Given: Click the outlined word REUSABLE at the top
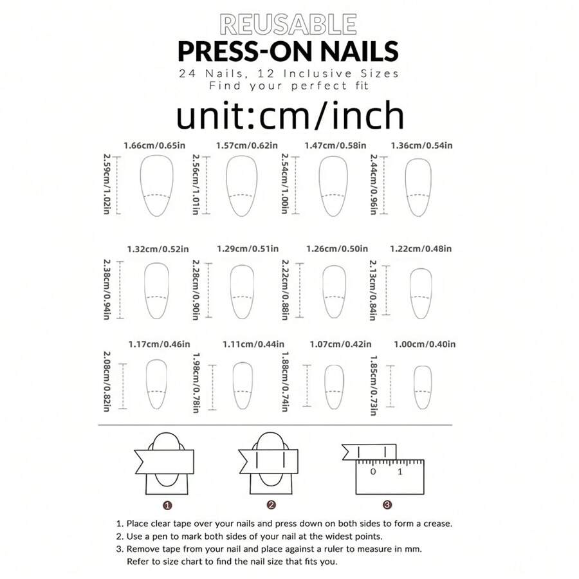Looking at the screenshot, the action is tap(288, 24).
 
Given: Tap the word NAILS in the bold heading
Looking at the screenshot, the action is tap(359, 51).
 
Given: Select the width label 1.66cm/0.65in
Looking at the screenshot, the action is tap(154, 145).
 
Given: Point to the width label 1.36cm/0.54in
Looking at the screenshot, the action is tap(421, 145).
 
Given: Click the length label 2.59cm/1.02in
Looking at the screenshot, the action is tap(107, 184).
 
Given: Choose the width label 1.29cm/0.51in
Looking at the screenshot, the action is tap(248, 249).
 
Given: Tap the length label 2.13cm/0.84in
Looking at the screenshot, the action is tap(373, 290).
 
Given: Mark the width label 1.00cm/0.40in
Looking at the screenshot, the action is tap(425, 345).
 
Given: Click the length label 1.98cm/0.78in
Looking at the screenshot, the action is tap(196, 383).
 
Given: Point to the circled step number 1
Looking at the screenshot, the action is tap(167, 505).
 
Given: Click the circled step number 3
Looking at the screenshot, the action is tap(387, 505).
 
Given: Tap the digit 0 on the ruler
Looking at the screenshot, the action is tap(373, 472).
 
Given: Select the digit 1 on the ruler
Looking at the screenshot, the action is tap(400, 472).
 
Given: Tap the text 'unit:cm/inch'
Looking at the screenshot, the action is tap(290, 115).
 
